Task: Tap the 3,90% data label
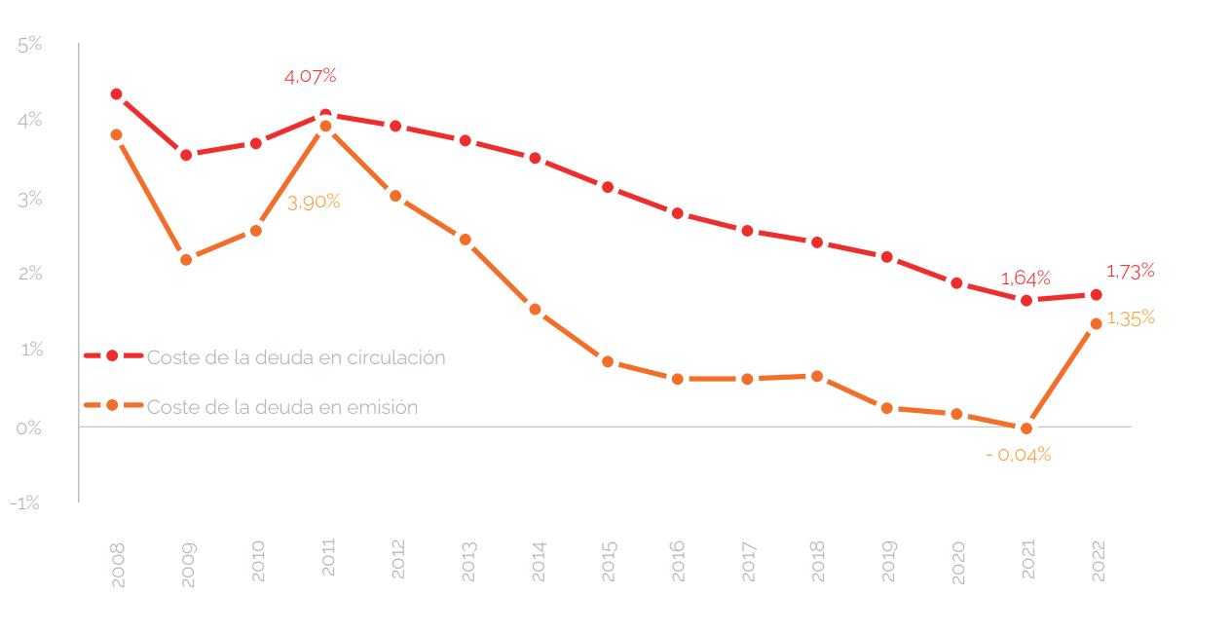pyautogui.click(x=314, y=202)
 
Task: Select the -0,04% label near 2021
pyautogui.click(x=1018, y=454)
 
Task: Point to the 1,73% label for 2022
pyautogui.click(x=1130, y=270)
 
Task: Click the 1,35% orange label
pyautogui.click(x=1131, y=317)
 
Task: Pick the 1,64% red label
pyautogui.click(x=1026, y=279)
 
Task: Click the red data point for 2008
pyautogui.click(x=116, y=94)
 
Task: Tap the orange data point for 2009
pyautogui.click(x=186, y=260)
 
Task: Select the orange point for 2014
pyautogui.click(x=536, y=310)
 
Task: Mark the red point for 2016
pyautogui.click(x=677, y=213)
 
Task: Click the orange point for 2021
pyautogui.click(x=1026, y=428)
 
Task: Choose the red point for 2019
pyautogui.click(x=887, y=257)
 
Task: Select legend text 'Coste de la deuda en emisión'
pyautogui.click(x=282, y=407)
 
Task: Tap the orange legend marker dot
pyautogui.click(x=112, y=405)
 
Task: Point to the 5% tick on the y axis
pyautogui.click(x=30, y=45)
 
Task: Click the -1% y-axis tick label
pyautogui.click(x=27, y=502)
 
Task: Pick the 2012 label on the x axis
pyautogui.click(x=397, y=561)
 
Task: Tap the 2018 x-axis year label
pyautogui.click(x=818, y=561)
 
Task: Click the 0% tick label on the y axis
pyautogui.click(x=29, y=428)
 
